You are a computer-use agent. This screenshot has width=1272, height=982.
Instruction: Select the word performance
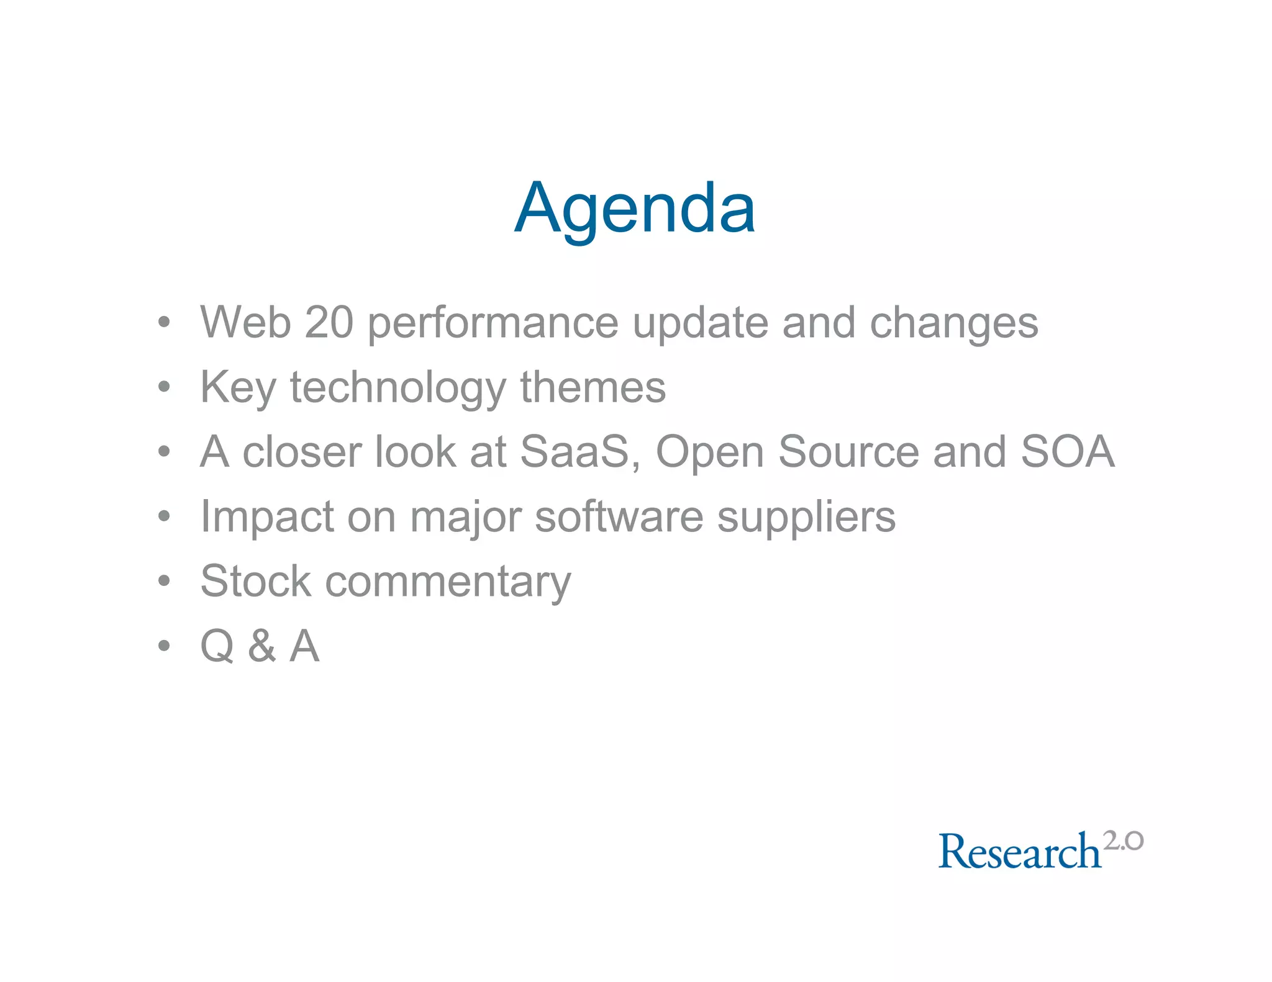(493, 323)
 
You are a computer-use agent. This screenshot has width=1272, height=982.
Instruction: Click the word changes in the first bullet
(953, 323)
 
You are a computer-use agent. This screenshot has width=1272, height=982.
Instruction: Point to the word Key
(237, 387)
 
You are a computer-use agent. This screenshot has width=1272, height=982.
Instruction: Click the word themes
(593, 387)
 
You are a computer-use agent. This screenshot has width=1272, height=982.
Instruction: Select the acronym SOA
(1068, 451)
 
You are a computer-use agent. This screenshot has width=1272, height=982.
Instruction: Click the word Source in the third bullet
(848, 451)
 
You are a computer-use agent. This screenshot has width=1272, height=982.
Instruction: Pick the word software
(619, 516)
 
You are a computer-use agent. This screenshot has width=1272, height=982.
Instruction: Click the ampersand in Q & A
(261, 646)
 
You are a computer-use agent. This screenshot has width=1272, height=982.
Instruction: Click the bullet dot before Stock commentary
(164, 582)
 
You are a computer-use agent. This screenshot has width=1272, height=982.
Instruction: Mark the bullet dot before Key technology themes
(164, 387)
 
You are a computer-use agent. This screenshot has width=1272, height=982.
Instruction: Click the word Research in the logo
(1019, 851)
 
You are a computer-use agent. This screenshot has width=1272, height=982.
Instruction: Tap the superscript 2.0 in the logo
(1123, 841)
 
